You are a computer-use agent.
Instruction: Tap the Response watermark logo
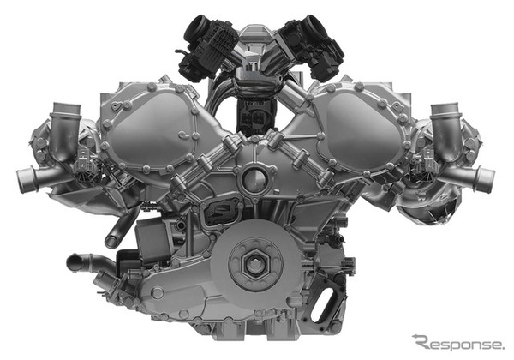(458, 343)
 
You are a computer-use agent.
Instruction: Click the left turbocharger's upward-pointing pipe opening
(65, 107)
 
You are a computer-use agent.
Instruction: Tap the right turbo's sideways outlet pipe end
(487, 179)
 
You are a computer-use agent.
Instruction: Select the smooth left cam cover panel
(149, 127)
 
